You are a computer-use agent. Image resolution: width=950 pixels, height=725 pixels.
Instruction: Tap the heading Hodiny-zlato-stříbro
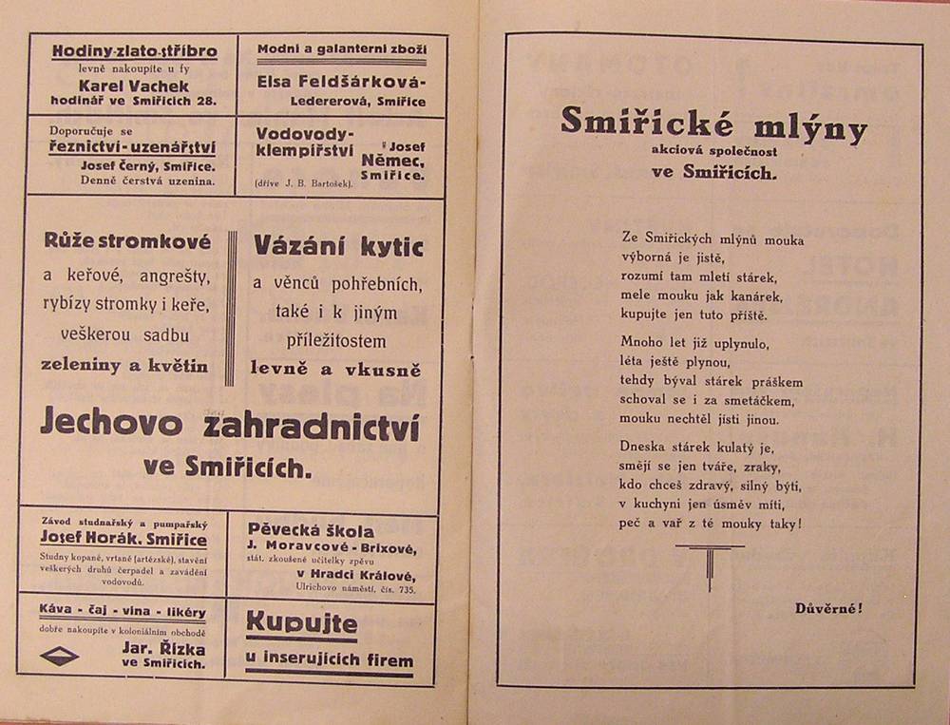134,51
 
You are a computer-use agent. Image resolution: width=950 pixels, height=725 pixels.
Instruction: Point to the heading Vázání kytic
338,245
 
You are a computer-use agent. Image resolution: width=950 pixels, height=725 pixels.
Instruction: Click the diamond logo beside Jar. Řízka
60,655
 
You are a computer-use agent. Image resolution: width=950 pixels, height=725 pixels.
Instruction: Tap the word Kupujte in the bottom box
301,624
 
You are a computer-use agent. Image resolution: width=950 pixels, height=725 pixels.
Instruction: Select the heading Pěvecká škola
312,531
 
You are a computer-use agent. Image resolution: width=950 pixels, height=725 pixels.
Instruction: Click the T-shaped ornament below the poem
710,564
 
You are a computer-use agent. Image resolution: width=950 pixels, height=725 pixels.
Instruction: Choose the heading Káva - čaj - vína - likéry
122,608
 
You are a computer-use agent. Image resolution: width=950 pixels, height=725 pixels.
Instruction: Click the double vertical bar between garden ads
230,308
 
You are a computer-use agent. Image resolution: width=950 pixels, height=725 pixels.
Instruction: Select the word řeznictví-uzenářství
133,147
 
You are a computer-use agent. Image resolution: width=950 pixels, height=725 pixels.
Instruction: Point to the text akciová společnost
713,152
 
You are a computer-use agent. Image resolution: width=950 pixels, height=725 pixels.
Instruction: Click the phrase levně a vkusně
335,369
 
